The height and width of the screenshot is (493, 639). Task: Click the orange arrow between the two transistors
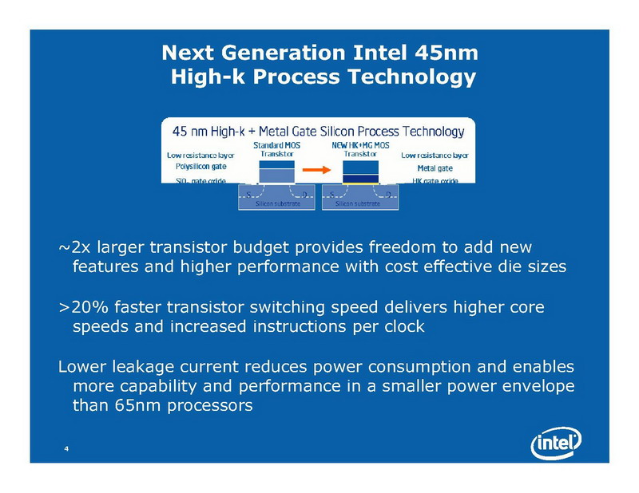tap(318, 169)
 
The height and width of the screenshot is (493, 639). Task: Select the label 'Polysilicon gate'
tap(200, 168)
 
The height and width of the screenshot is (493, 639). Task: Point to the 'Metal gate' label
tap(435, 168)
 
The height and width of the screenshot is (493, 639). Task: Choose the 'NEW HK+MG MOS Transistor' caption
tap(355, 149)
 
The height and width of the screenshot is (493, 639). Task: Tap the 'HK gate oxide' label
tap(435, 181)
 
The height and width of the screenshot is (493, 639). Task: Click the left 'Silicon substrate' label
tap(277, 204)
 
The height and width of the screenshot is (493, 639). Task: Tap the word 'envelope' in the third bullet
tap(536, 386)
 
